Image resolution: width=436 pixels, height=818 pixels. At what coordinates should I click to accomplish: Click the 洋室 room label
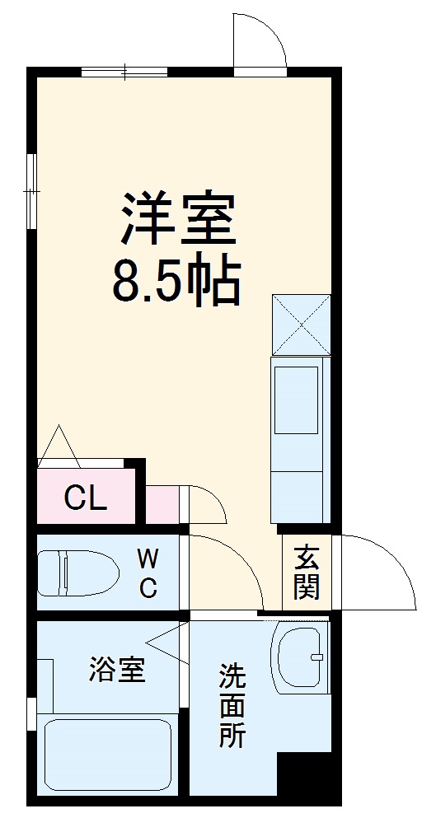(x=180, y=219)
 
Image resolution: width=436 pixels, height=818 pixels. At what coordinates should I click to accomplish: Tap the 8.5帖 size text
(x=176, y=283)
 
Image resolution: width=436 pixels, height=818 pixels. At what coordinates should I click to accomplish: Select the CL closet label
(x=86, y=498)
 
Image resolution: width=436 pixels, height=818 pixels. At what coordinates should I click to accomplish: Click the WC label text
(x=148, y=573)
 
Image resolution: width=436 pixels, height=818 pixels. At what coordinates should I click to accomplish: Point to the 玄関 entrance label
(x=306, y=573)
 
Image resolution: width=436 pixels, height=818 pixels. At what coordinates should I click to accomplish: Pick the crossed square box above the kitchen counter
(x=301, y=324)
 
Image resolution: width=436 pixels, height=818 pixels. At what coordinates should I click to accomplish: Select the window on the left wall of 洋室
(x=31, y=190)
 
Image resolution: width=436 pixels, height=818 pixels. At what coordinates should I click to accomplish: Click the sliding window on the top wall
(x=124, y=72)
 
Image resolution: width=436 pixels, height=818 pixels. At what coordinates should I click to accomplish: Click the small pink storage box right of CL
(x=163, y=504)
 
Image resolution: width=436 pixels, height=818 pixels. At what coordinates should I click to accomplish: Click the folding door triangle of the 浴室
(x=171, y=643)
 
